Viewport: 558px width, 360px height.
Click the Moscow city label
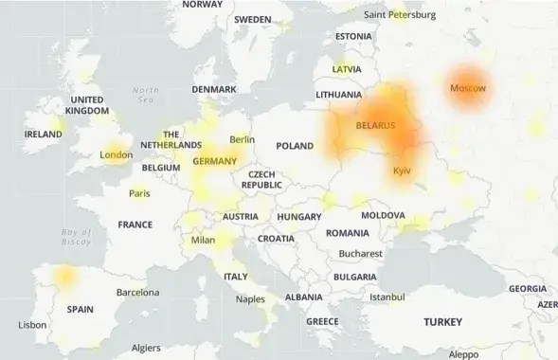click(467, 88)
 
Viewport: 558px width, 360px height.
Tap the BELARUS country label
click(377, 125)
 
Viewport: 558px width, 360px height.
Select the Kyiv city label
click(402, 171)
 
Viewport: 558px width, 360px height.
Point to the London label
click(116, 154)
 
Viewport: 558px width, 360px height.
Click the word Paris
click(139, 193)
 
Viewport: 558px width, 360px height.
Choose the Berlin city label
click(242, 139)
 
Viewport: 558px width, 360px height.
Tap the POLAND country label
click(294, 146)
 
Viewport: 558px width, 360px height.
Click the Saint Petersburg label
click(400, 14)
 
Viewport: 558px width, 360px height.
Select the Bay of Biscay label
click(76, 237)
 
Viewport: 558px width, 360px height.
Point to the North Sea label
click(146, 95)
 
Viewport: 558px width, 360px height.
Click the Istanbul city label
click(387, 297)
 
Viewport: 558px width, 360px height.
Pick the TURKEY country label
click(442, 322)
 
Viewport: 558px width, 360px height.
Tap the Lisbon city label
click(32, 325)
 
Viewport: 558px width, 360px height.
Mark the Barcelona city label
click(137, 293)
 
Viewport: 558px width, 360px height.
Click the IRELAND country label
click(43, 135)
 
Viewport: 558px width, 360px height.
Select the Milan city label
click(203, 240)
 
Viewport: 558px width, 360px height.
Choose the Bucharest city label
click(360, 254)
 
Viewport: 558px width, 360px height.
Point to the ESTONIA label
click(353, 37)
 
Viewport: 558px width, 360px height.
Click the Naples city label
click(250, 299)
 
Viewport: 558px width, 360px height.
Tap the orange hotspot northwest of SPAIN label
click(64, 276)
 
